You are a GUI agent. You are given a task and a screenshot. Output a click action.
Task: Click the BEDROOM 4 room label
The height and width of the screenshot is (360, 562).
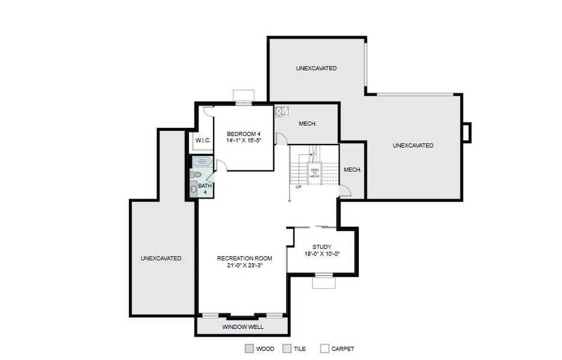point(244,137)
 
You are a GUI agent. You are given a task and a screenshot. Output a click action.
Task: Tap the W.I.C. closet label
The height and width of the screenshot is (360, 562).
point(203,140)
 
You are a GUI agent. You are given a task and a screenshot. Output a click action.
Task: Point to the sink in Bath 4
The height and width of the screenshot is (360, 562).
point(193,189)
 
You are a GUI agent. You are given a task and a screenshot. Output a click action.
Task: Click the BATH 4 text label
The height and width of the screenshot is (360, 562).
point(205,189)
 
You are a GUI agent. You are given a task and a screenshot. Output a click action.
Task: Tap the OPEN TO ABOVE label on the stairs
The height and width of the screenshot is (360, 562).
point(314,172)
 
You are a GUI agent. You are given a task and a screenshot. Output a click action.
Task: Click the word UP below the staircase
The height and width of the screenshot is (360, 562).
point(298,187)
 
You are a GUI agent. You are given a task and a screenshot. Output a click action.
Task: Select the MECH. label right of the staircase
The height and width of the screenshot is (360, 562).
point(352,170)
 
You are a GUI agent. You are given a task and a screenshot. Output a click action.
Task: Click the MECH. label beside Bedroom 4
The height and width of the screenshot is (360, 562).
point(308,124)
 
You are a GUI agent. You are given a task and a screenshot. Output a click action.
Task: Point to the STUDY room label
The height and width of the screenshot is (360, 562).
point(321,250)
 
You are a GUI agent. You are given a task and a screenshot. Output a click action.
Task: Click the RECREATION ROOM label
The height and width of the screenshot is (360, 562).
point(244,262)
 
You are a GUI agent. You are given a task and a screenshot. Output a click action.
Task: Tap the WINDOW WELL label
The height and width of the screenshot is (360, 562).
point(242,327)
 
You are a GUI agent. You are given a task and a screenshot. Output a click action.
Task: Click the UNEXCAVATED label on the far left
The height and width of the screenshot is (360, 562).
point(161,259)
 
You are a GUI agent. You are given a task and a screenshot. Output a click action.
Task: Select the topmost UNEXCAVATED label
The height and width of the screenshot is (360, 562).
point(316,68)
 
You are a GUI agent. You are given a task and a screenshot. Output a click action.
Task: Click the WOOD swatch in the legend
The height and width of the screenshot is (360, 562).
point(249,349)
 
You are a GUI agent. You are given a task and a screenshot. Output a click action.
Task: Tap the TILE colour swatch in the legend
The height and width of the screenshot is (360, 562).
point(287,349)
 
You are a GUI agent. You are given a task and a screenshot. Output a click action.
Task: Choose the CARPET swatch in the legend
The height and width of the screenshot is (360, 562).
point(324,349)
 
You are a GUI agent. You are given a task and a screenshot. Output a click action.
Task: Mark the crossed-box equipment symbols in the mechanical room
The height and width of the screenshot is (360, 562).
point(282,111)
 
